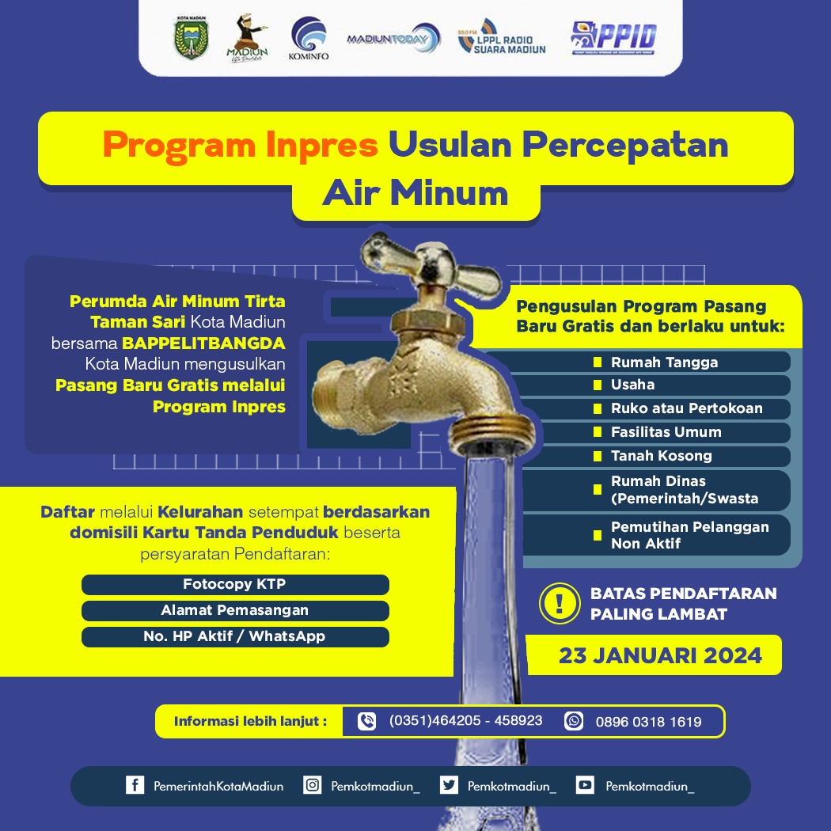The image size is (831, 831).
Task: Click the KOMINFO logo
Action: point(309,38)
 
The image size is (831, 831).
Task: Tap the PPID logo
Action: point(613,38)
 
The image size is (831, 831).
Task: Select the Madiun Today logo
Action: point(394,39)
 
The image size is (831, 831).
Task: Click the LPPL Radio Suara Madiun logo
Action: point(501,37)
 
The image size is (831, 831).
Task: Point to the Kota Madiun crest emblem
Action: point(192,37)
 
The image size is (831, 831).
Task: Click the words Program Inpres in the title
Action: point(240,145)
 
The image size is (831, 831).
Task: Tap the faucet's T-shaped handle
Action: point(429,265)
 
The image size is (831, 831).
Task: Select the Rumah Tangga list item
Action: point(665,362)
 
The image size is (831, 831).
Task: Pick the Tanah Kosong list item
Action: point(662,456)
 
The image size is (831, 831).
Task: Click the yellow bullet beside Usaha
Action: point(598,385)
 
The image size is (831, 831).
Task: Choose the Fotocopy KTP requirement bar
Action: point(235,584)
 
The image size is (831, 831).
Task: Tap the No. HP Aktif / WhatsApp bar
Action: point(235,636)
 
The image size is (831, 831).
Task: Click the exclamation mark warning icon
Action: point(560,603)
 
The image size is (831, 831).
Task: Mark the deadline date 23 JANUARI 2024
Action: point(660,655)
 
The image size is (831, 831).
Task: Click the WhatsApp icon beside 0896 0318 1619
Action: point(574,721)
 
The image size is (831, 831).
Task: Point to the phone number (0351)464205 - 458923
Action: point(466,721)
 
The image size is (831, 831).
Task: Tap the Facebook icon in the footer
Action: point(135,785)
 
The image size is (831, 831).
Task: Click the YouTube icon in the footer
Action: point(585,785)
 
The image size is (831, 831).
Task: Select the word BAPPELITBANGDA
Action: point(203,343)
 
